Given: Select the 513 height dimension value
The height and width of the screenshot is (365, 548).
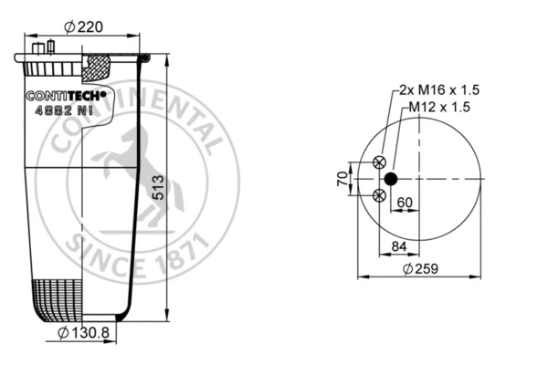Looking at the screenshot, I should pyautogui.click(x=158, y=188).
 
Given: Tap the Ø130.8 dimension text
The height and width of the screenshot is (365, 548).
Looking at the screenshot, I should pyautogui.click(x=83, y=334).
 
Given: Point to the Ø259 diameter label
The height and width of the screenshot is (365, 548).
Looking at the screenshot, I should pyautogui.click(x=419, y=269).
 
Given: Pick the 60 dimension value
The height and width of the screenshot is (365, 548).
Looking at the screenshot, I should pyautogui.click(x=405, y=203).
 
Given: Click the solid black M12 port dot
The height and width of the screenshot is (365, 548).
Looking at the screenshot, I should pyautogui.click(x=390, y=179).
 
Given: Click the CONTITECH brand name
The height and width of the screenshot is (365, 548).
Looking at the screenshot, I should pyautogui.click(x=65, y=94).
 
